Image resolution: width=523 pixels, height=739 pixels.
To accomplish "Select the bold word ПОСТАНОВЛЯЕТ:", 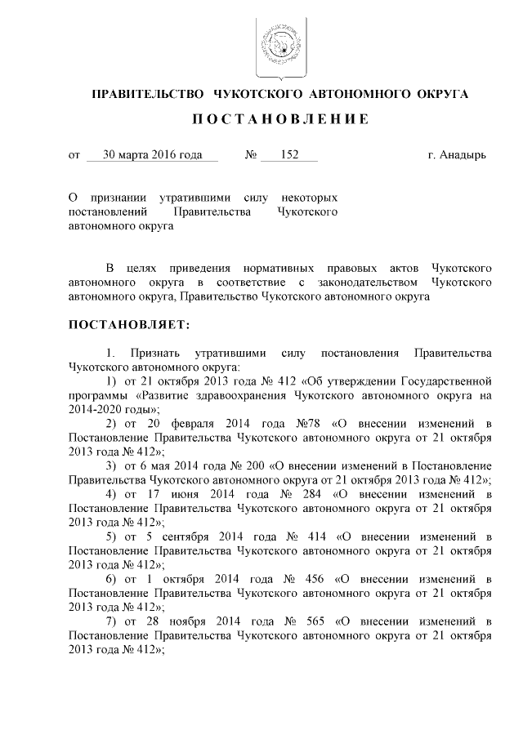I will click(128, 324).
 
